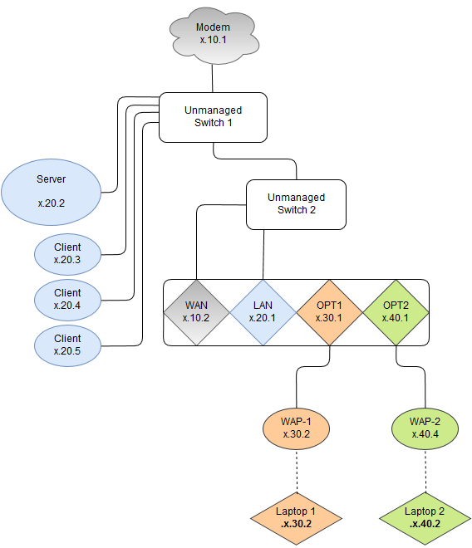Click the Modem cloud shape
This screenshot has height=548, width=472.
point(214,35)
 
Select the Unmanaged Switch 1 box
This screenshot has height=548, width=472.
point(213,117)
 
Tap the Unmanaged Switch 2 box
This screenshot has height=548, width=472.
point(296,204)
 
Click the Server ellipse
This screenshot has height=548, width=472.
point(51,192)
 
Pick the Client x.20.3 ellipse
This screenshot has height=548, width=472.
point(67,254)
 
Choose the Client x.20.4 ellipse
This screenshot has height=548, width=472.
point(67,300)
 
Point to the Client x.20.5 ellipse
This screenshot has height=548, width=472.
point(67,345)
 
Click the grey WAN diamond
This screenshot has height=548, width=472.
point(196,312)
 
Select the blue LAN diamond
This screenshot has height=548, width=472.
point(263,312)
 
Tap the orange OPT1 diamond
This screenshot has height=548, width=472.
point(329,312)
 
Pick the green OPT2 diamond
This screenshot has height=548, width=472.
point(396,312)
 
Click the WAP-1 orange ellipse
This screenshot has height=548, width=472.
point(296,428)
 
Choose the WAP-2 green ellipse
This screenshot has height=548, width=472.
point(425,428)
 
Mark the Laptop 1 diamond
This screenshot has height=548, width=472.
point(296,519)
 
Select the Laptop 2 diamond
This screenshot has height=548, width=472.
point(425,519)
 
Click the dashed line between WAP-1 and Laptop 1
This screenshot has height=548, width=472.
point(297,471)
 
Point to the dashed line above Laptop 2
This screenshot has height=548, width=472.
point(425,471)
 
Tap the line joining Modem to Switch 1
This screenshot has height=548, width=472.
point(213,78)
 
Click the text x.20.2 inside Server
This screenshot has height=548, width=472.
point(52,203)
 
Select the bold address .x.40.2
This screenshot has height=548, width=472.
point(425,524)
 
